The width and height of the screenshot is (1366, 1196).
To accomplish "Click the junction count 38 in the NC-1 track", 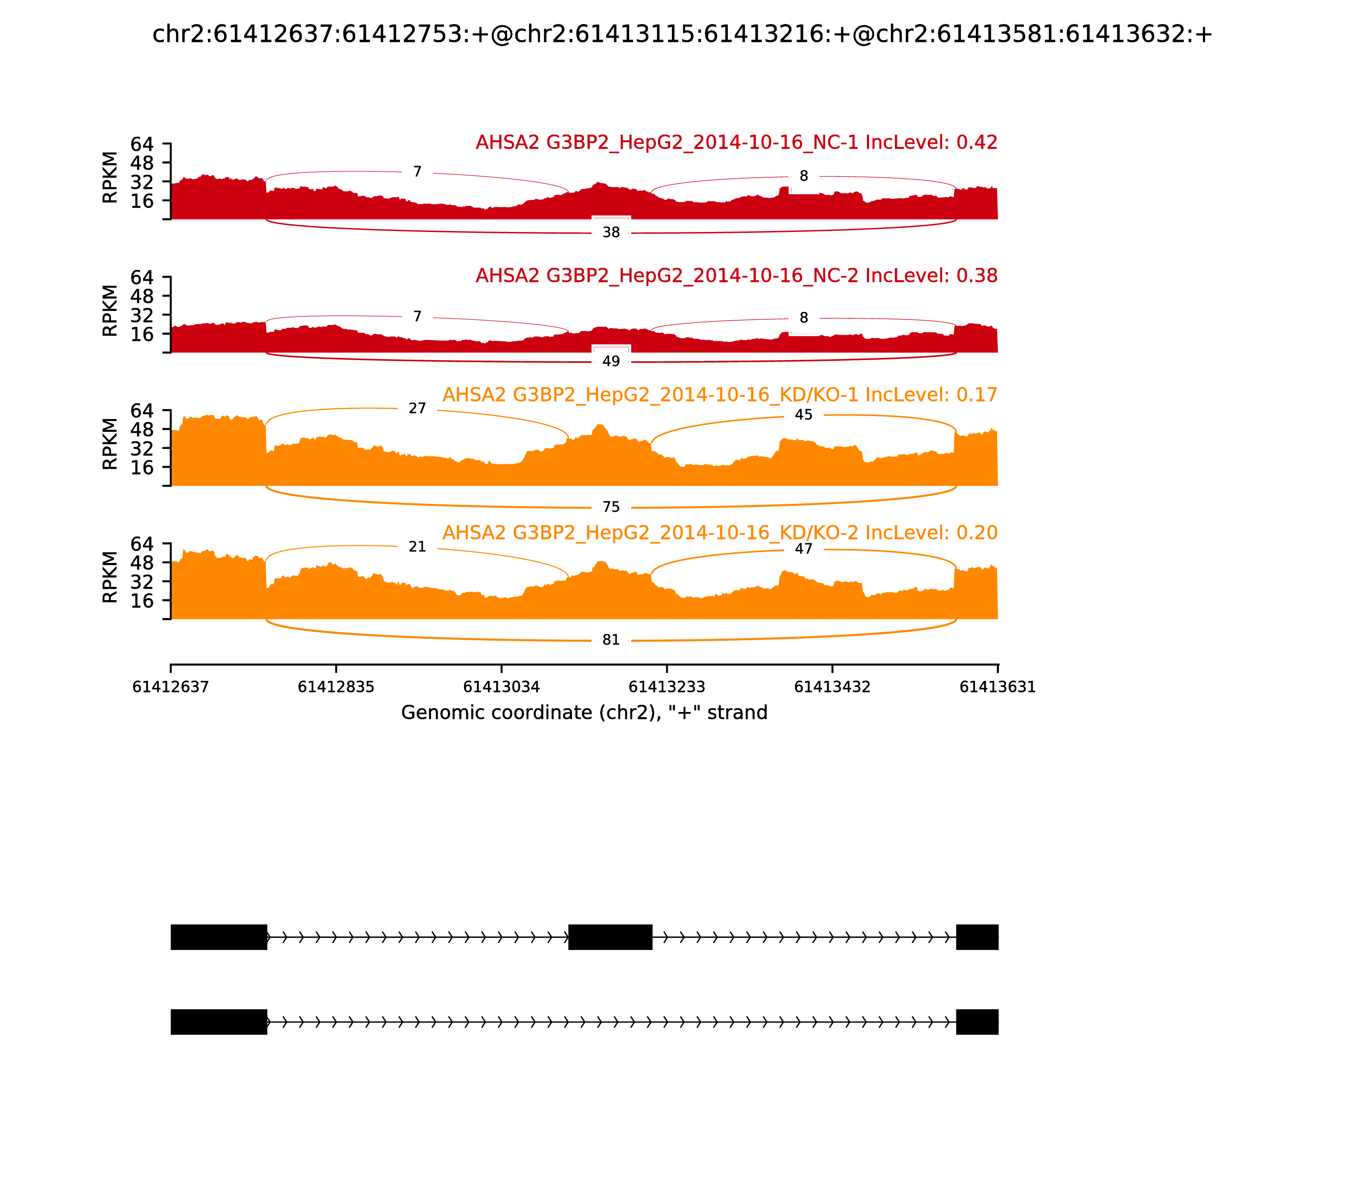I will coord(611,232).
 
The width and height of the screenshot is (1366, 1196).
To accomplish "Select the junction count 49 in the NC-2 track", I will coord(611,361).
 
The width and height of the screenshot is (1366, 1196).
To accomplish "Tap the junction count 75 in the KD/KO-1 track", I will coord(611,507).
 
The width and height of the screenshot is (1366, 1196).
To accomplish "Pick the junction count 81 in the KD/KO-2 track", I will coord(611,640).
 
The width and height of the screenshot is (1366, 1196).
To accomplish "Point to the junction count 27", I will coord(417,408).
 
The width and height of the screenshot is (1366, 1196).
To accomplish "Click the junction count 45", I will coord(804,415).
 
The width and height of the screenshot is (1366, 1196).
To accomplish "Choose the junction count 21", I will coord(417,547).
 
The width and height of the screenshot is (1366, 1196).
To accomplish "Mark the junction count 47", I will coord(804,548).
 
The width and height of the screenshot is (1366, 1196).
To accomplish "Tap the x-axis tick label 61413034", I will coord(501,687).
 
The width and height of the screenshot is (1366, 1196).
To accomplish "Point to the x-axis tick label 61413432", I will coord(832,687).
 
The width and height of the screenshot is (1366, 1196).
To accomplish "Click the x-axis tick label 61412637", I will coord(171,687).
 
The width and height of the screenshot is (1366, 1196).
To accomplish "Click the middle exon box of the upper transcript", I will coord(610,937).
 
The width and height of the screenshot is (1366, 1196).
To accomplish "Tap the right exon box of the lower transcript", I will coord(977,1022).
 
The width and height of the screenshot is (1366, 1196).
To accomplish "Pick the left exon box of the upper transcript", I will coord(219,937).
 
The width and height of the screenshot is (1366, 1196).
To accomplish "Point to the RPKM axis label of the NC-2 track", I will coord(110,311).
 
